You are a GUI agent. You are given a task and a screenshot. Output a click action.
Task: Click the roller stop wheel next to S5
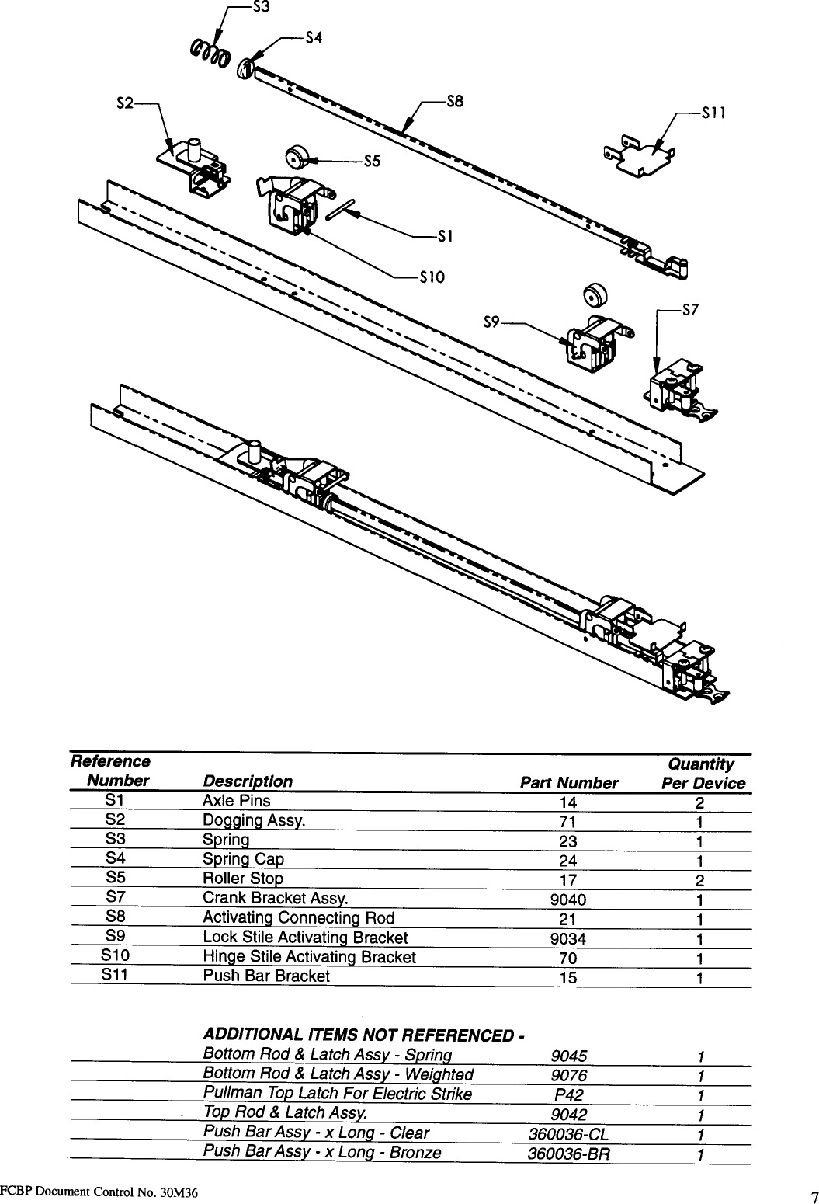(296, 157)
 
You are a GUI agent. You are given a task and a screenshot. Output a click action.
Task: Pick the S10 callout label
(431, 277)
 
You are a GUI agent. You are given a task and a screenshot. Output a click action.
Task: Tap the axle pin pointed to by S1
(341, 208)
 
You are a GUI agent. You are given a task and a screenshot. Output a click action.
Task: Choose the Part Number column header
(568, 783)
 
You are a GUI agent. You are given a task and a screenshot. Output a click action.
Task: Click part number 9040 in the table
(568, 900)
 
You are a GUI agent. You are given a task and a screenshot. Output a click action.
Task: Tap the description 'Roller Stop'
(242, 879)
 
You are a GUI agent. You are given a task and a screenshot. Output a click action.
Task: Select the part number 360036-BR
(568, 1154)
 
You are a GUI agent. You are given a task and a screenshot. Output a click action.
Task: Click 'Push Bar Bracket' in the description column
(265, 976)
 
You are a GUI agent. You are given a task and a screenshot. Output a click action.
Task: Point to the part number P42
(568, 1095)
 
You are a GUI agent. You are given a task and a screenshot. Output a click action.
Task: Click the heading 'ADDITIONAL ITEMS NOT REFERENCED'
(363, 1035)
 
